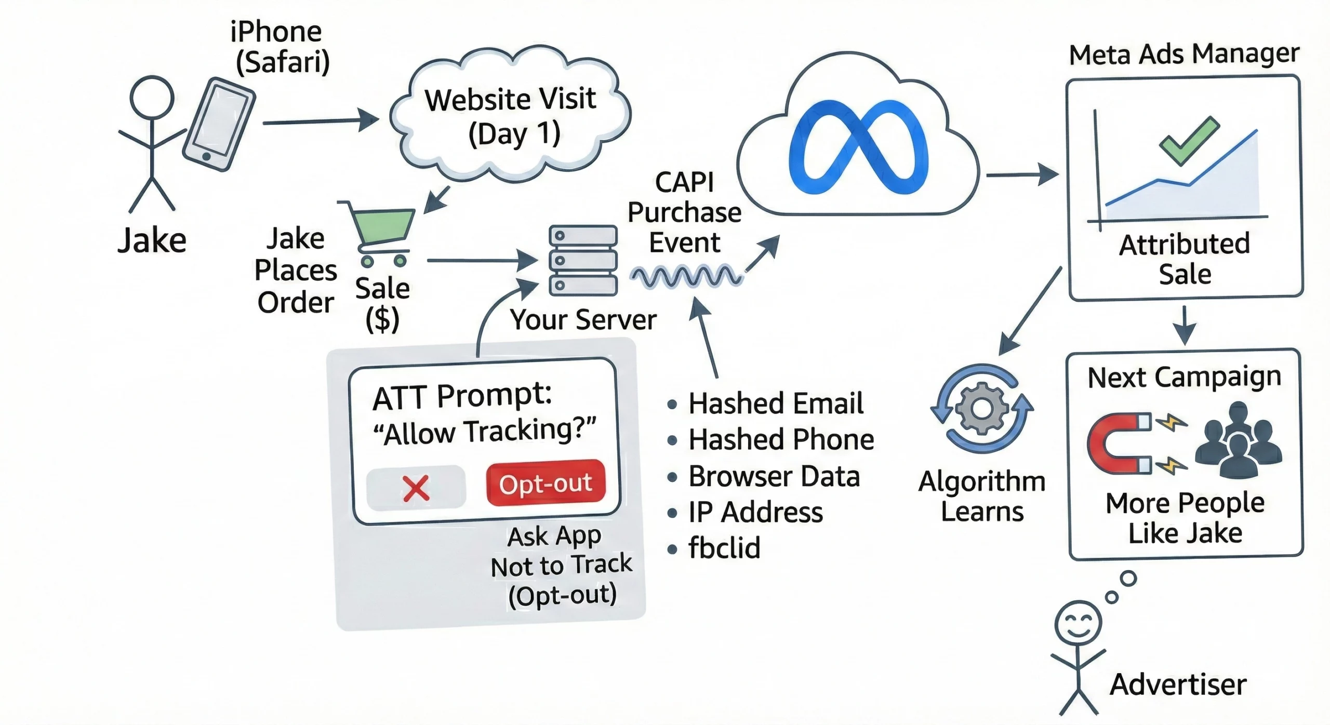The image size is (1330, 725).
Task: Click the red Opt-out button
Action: [x=546, y=483]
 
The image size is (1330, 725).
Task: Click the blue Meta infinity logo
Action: [x=858, y=148]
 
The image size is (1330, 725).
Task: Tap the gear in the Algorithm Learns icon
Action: [x=981, y=408]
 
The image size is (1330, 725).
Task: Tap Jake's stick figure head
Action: [x=152, y=98]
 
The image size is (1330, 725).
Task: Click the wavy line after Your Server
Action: [x=686, y=276]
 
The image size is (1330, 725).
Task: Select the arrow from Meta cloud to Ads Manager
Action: [x=1021, y=174]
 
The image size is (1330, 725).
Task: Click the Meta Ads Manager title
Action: [x=1183, y=55]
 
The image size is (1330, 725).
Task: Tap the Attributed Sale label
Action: [x=1185, y=259]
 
